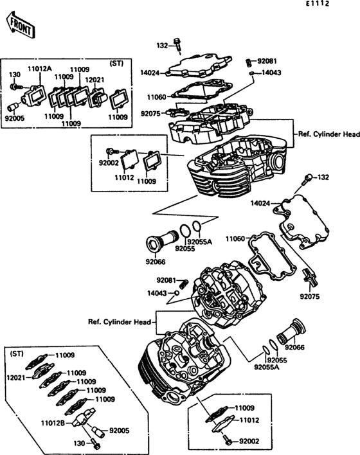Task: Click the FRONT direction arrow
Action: [19, 25]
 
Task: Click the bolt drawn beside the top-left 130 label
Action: [19, 87]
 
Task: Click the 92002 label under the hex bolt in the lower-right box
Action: [250, 442]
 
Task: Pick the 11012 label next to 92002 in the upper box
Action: [124, 176]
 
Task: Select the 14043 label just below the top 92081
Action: [271, 73]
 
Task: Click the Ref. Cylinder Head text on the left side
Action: [119, 321]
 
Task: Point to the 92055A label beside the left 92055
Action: [199, 243]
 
